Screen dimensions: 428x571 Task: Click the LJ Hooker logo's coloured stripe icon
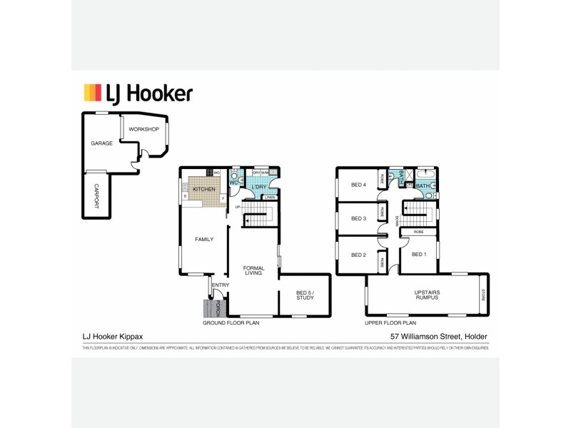click(x=93, y=93)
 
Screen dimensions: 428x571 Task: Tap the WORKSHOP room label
click(x=143, y=129)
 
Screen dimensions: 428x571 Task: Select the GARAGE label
click(x=101, y=143)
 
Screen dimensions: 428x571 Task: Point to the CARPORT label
click(x=98, y=195)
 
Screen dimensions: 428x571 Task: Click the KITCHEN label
click(x=204, y=189)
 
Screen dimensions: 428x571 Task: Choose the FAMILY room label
click(x=204, y=239)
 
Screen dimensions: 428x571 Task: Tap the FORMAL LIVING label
click(x=254, y=270)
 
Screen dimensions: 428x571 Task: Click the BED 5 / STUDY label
click(x=305, y=295)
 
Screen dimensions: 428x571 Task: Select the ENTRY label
click(x=220, y=285)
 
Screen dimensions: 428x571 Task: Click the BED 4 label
click(x=358, y=185)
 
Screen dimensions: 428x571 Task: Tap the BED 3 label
click(x=358, y=218)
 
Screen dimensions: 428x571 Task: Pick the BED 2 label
click(x=358, y=255)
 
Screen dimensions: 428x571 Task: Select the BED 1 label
click(x=419, y=254)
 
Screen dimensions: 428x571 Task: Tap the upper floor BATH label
click(x=423, y=186)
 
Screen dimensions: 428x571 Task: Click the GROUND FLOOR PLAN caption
click(x=231, y=323)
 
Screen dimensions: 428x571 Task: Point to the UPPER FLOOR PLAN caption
click(x=390, y=323)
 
